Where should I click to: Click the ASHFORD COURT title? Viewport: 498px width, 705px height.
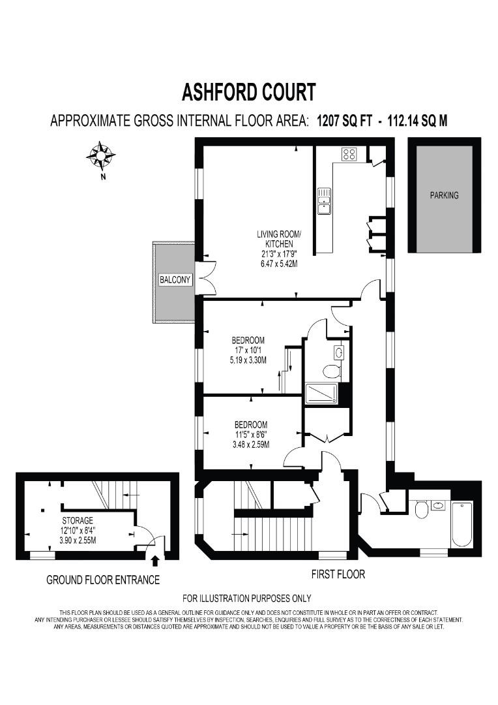point(248,92)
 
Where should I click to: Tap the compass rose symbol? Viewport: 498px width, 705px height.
point(100,155)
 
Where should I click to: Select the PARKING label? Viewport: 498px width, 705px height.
point(444,195)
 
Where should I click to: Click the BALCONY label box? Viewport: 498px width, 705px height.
point(175,279)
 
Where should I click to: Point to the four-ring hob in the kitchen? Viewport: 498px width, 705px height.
point(349,154)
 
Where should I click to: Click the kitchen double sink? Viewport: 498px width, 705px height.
point(324,201)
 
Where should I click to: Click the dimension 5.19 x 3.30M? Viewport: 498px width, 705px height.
point(248,360)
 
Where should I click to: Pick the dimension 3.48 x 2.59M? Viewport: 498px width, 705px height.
point(251,445)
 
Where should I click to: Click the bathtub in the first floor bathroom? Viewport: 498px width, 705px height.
point(461,525)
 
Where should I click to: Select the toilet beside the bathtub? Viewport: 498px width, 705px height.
point(422,509)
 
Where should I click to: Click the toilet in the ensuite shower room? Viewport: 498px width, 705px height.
point(332,371)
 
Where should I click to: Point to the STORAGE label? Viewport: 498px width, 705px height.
point(78,520)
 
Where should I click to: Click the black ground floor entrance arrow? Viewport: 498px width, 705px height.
point(155,560)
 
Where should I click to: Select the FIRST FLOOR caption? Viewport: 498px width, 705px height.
point(338,574)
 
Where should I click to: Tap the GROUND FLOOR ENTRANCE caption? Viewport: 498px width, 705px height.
point(103,580)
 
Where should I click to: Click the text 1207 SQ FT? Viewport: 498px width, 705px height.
point(344,121)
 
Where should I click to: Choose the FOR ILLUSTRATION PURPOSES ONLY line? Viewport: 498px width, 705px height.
point(246,598)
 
